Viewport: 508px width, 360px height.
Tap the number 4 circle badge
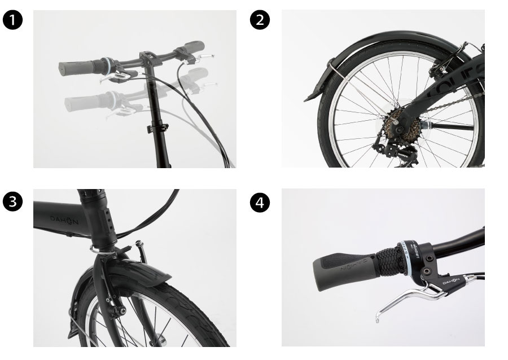(260, 201)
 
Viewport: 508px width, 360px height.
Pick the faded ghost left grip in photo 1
(82, 102)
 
